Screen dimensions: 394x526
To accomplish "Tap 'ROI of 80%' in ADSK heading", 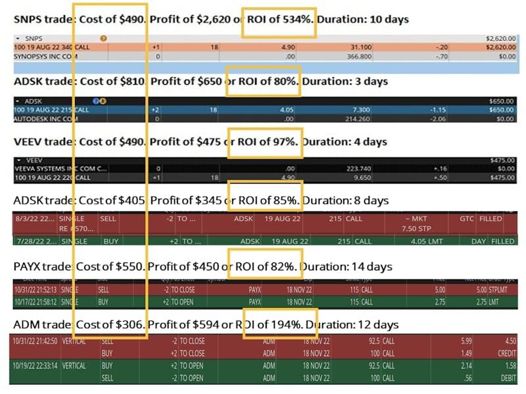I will click(263, 82).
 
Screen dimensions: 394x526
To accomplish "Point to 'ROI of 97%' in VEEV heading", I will click(266, 141).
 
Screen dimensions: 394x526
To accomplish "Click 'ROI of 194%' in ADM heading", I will click(281, 325).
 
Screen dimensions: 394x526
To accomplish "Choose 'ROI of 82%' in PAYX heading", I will click(265, 266).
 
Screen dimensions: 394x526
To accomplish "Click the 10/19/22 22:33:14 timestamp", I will click(33, 365).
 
